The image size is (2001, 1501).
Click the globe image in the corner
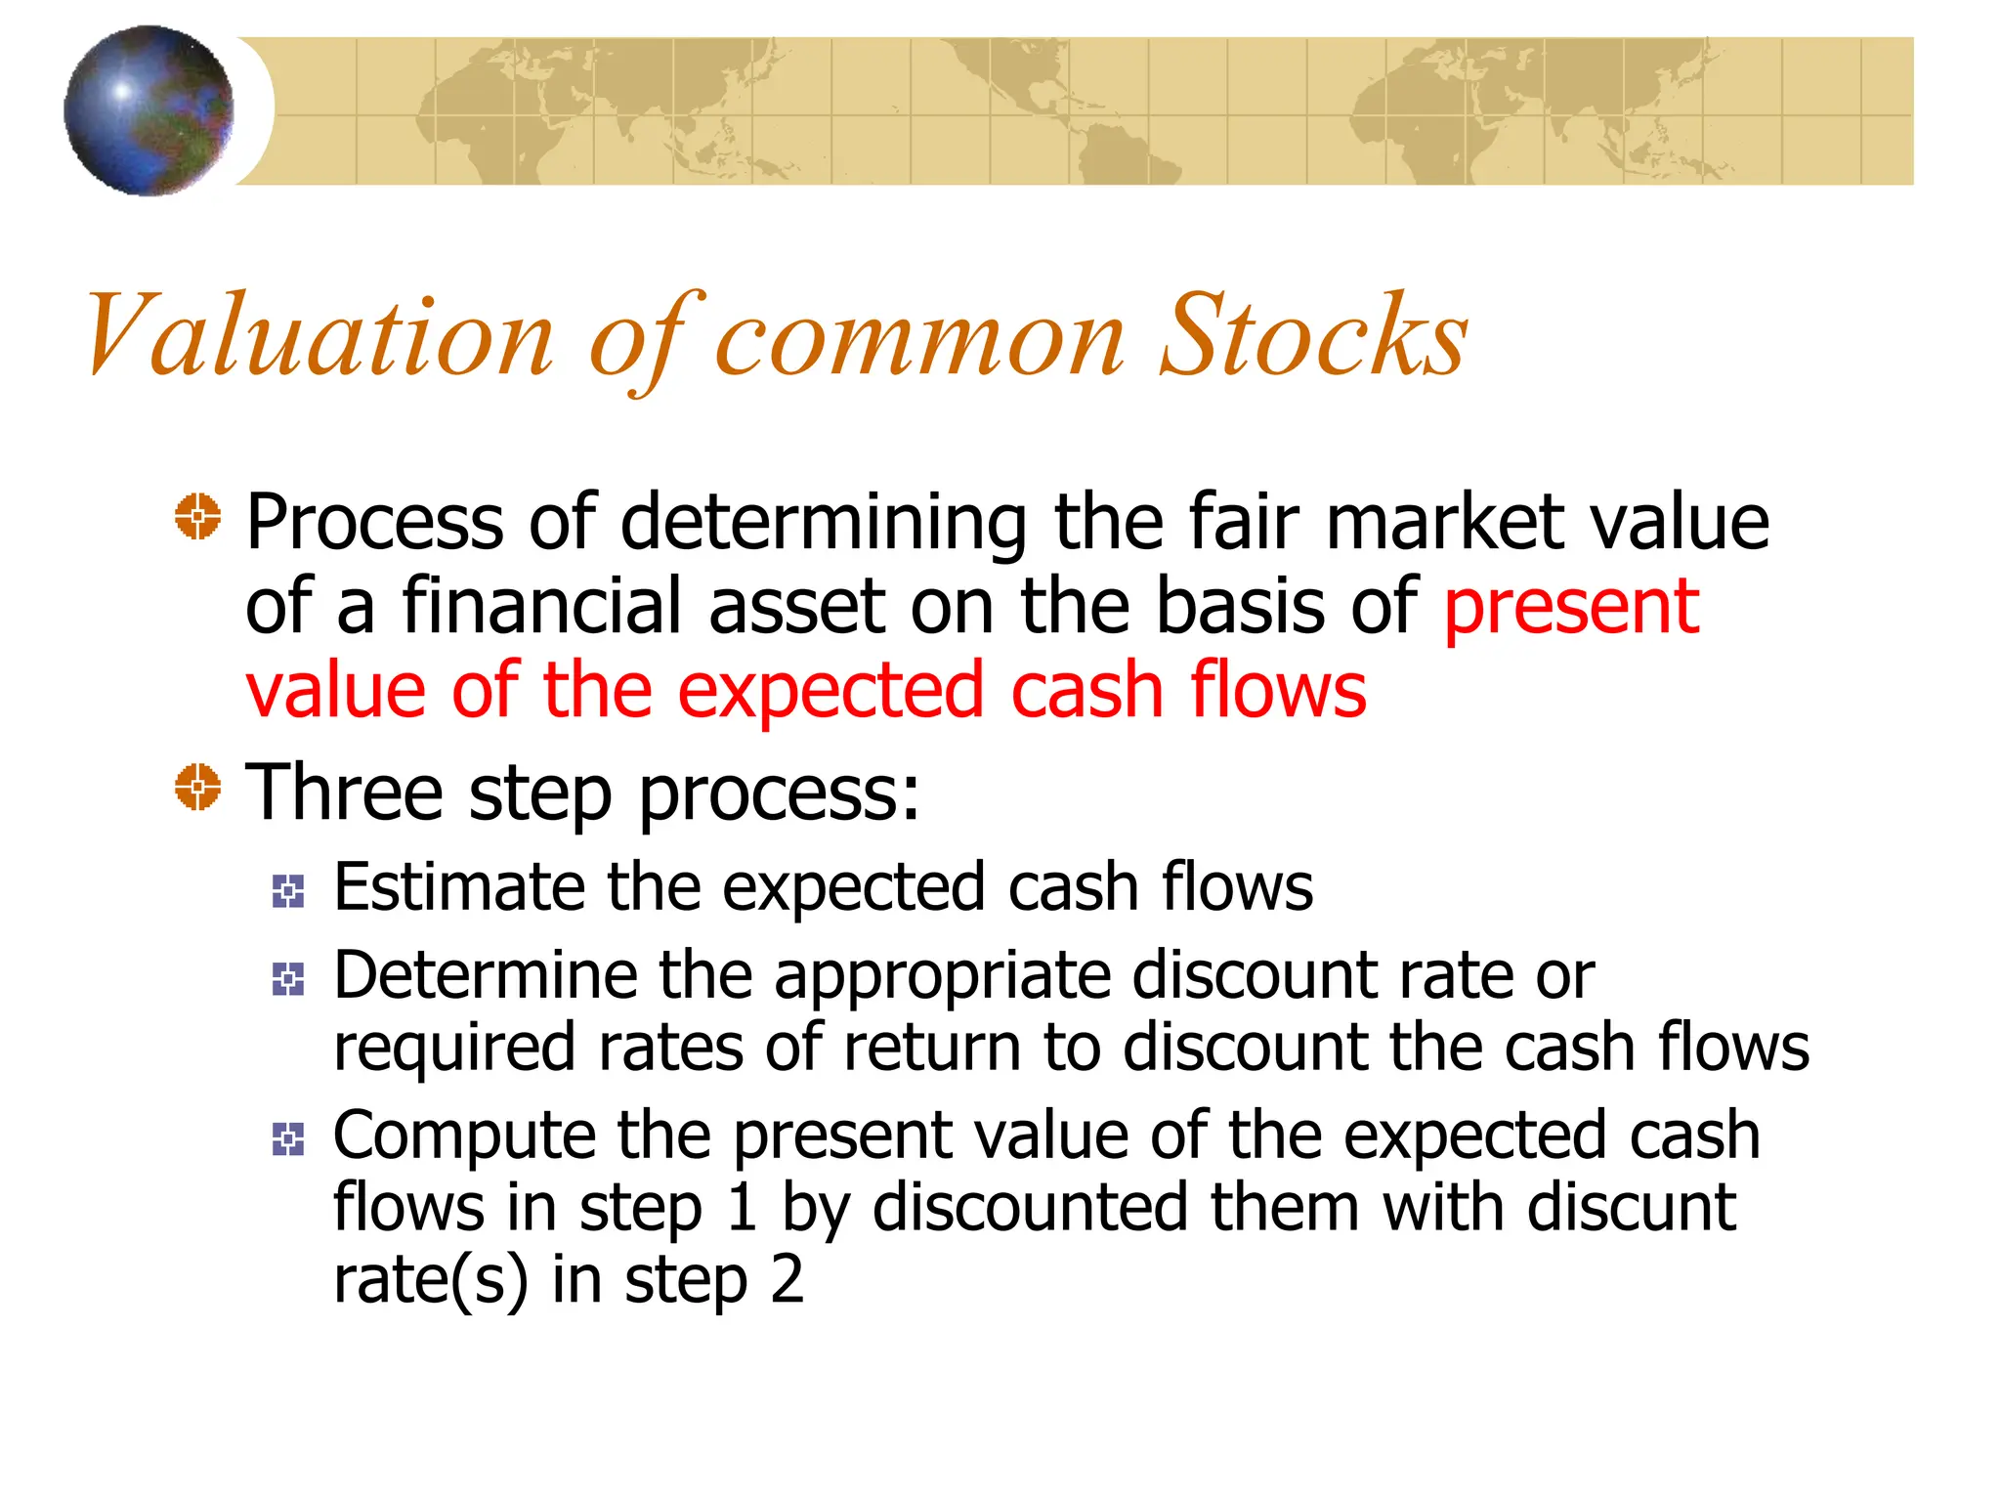pyautogui.click(x=149, y=110)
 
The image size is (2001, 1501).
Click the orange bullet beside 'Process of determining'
pyautogui.click(x=198, y=516)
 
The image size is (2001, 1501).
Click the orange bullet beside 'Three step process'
pyautogui.click(x=198, y=787)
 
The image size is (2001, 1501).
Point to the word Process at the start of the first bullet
pyautogui.click(x=373, y=523)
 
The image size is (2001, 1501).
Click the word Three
pyautogui.click(x=344, y=792)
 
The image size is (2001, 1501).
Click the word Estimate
pyautogui.click(x=458, y=887)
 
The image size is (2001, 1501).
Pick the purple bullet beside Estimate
pyautogui.click(x=288, y=891)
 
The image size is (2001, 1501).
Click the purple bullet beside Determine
pyautogui.click(x=288, y=979)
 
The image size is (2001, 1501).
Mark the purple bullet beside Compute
pyautogui.click(x=288, y=1139)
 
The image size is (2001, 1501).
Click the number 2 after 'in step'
pyautogui.click(x=787, y=1280)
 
